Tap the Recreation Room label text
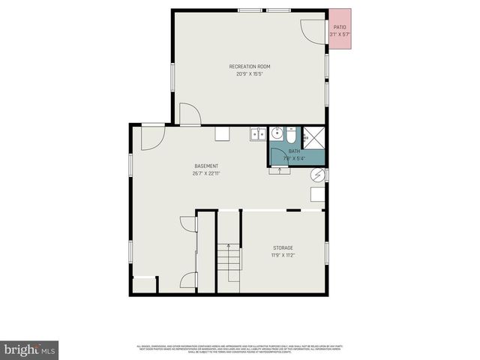[250, 67]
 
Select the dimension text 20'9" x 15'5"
[250, 73]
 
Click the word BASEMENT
[206, 166]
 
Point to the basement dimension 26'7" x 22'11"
[206, 173]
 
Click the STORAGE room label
[283, 247]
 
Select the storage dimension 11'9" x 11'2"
[283, 255]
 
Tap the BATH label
[293, 151]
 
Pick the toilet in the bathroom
[292, 136]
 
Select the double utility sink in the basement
[258, 133]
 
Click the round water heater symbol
[318, 175]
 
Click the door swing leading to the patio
[310, 28]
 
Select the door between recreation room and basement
[189, 114]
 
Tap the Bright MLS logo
[29, 349]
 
